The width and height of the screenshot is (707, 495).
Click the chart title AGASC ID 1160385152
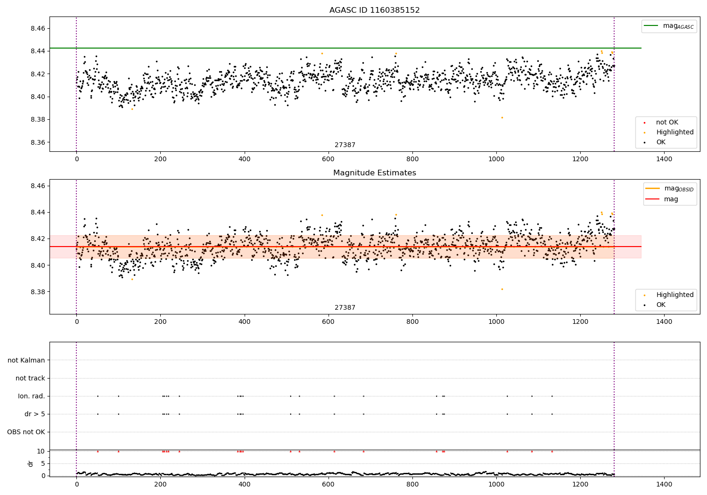pos(374,10)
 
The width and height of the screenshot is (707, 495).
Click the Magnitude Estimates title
pos(374,173)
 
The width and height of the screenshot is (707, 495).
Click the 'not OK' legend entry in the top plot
pos(666,123)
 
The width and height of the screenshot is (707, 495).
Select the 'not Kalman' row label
pos(26,361)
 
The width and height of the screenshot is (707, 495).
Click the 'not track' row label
pos(30,379)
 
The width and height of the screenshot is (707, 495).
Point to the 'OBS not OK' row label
pos(26,432)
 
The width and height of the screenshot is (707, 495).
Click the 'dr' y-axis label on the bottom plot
pos(31,463)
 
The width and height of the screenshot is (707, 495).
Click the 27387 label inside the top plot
pos(345,145)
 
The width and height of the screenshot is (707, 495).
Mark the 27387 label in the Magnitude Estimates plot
pos(345,308)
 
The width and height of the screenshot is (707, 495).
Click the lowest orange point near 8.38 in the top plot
pos(502,117)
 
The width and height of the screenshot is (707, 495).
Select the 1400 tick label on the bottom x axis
pos(664,485)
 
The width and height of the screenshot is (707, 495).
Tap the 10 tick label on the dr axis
pos(41,451)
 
